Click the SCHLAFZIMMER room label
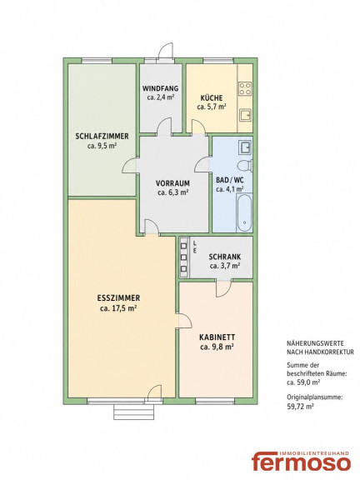tap(102, 137)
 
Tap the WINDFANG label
tap(160, 89)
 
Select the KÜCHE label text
tap(212, 98)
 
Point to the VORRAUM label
tap(172, 183)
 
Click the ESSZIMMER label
tap(118, 297)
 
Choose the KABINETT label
tap(217, 337)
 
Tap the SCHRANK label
tap(225, 257)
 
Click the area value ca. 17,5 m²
tap(118, 308)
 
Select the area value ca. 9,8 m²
tap(217, 347)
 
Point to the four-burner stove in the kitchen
tap(245, 88)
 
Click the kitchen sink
tap(245, 116)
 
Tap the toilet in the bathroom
tap(246, 166)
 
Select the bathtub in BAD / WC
tap(245, 212)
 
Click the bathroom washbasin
tap(246, 147)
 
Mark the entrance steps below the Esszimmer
tap(134, 412)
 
